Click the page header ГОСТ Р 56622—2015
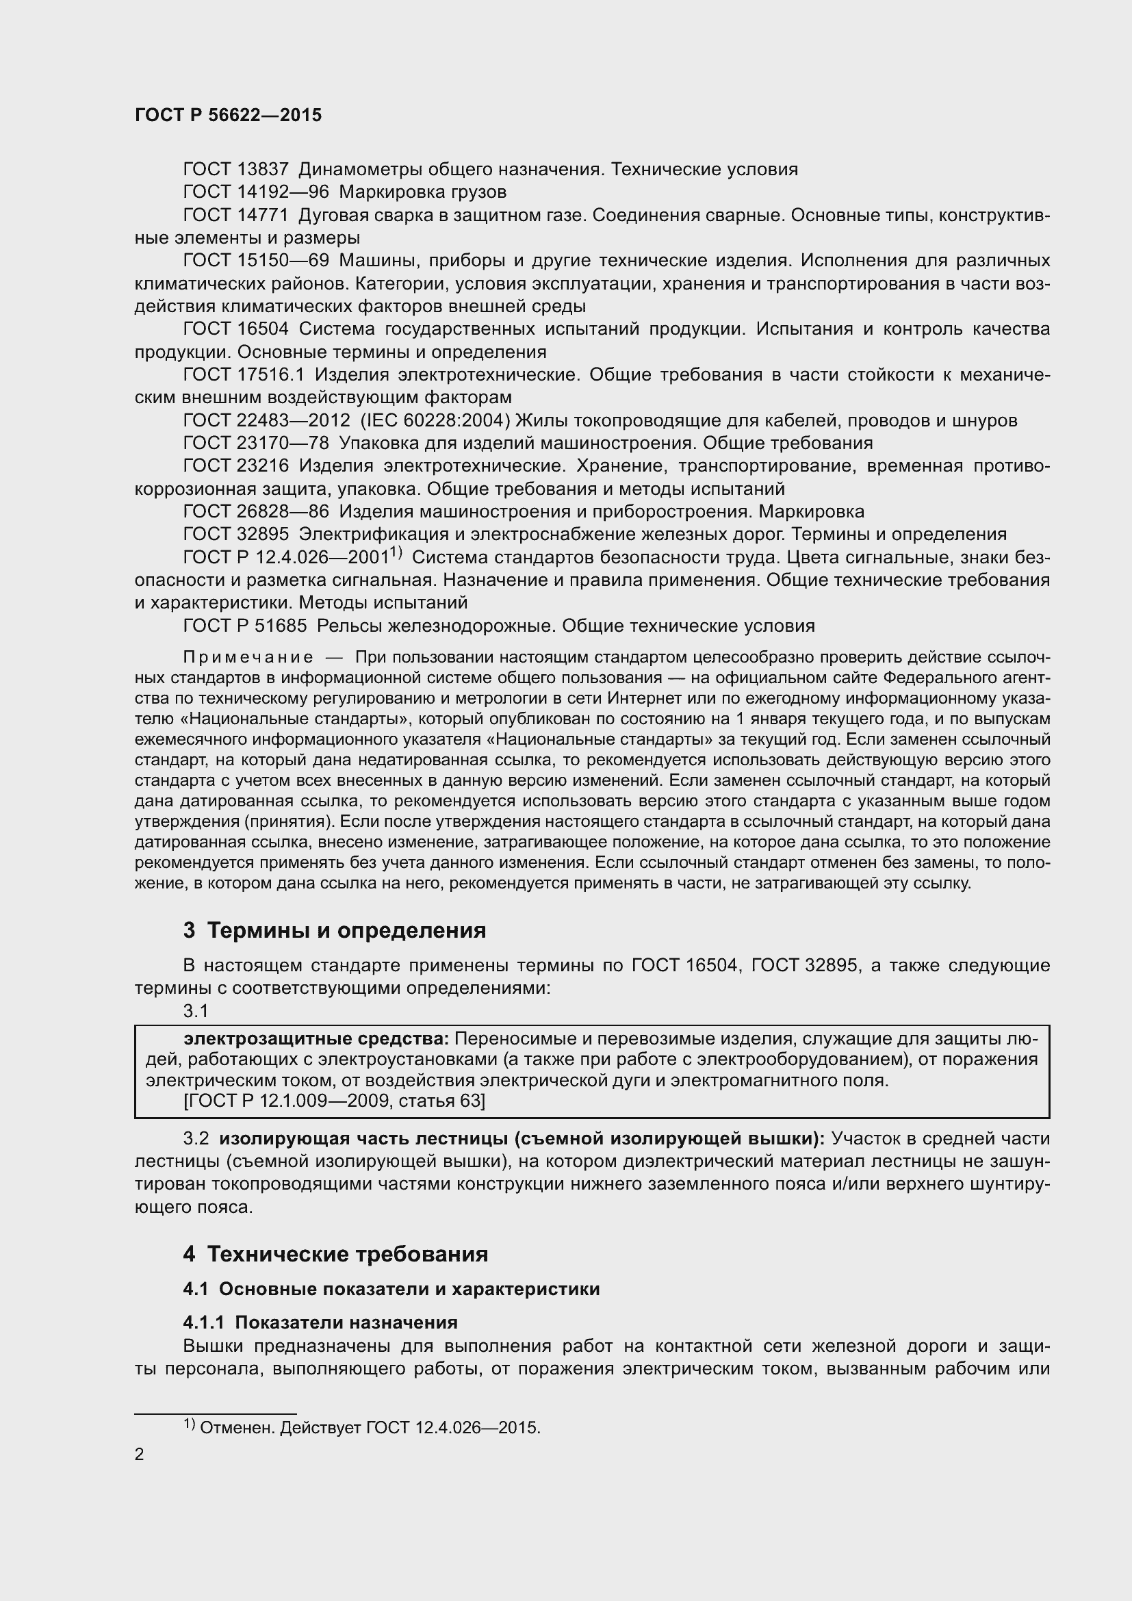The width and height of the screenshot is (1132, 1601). click(228, 115)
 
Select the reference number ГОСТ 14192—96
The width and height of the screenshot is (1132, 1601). click(256, 192)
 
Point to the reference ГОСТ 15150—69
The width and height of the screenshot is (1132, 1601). click(256, 261)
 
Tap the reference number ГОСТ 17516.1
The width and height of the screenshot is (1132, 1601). click(243, 375)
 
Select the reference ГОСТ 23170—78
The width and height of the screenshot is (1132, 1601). click(256, 444)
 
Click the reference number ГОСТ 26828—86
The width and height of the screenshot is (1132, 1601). click(256, 512)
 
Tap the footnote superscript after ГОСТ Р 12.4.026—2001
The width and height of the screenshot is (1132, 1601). click(396, 553)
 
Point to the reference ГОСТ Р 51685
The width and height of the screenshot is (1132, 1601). click(244, 626)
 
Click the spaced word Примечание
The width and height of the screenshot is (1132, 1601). click(248, 658)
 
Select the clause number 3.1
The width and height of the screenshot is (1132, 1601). click(195, 1011)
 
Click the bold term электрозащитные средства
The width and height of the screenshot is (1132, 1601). click(316, 1039)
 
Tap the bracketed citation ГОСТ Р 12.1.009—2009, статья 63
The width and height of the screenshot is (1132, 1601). click(334, 1101)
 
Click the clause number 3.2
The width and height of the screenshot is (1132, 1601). click(196, 1139)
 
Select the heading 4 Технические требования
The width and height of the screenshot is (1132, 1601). click(335, 1255)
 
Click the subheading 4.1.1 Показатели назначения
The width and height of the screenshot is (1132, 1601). click(320, 1323)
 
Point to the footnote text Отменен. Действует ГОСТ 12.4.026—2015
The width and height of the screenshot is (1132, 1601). click(370, 1428)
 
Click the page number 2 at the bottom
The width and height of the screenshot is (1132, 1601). click(140, 1455)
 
